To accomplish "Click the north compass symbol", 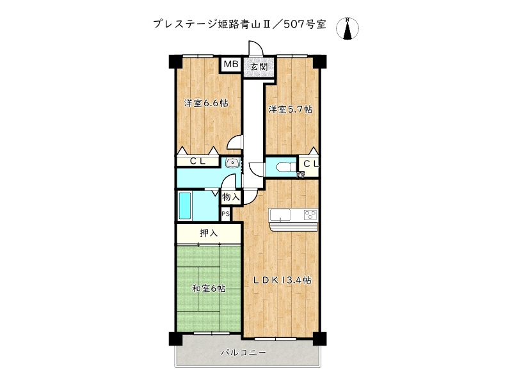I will click(x=348, y=29).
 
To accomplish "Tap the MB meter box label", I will click(x=230, y=64).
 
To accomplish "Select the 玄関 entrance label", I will click(x=258, y=66).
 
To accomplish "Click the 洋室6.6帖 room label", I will click(x=207, y=103).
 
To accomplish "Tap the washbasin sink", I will click(x=232, y=163).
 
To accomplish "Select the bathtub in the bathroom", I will click(x=184, y=206).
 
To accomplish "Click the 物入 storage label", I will click(x=231, y=198).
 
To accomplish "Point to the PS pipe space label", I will click(x=225, y=214).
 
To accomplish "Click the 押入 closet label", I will click(x=209, y=233).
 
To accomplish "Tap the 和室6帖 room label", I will click(x=209, y=289).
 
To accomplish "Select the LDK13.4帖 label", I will click(x=282, y=280).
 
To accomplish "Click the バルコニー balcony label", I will click(x=243, y=353).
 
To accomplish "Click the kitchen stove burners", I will click(x=310, y=214).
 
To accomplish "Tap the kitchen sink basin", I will click(x=281, y=214).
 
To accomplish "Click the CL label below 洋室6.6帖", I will click(x=197, y=161).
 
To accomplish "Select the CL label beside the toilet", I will click(x=310, y=164).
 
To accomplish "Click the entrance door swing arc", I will click(x=255, y=50).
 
